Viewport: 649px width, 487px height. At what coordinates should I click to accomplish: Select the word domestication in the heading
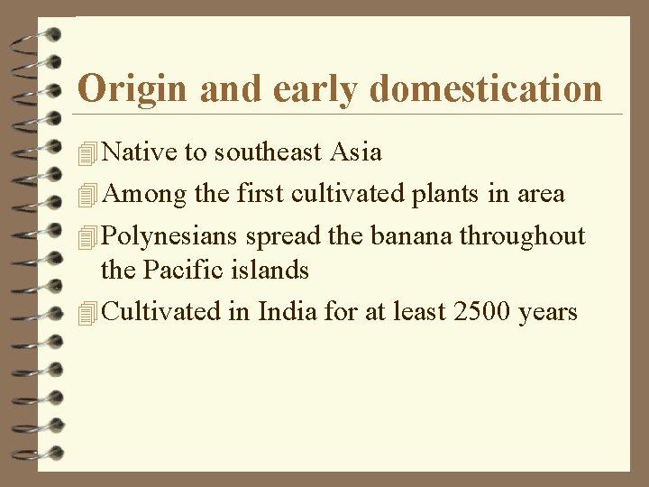pyautogui.click(x=486, y=89)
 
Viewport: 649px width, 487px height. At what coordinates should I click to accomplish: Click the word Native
pyautogui.click(x=141, y=152)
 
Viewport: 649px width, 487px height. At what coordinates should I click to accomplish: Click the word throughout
pyautogui.click(x=523, y=236)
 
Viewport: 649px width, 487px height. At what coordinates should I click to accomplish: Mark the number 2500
pyautogui.click(x=484, y=312)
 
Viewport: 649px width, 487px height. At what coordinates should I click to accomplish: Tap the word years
pyautogui.click(x=548, y=312)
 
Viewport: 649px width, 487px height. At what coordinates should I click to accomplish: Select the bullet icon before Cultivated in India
pyautogui.click(x=87, y=313)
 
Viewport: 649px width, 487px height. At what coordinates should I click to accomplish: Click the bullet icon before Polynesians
pyautogui.click(x=87, y=237)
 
